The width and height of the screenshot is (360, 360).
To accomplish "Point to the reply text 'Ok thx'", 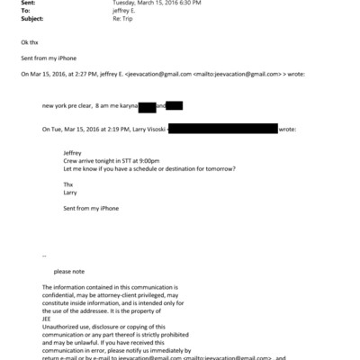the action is click(30, 42).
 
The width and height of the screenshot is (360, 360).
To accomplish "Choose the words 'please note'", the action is click(68, 271).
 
